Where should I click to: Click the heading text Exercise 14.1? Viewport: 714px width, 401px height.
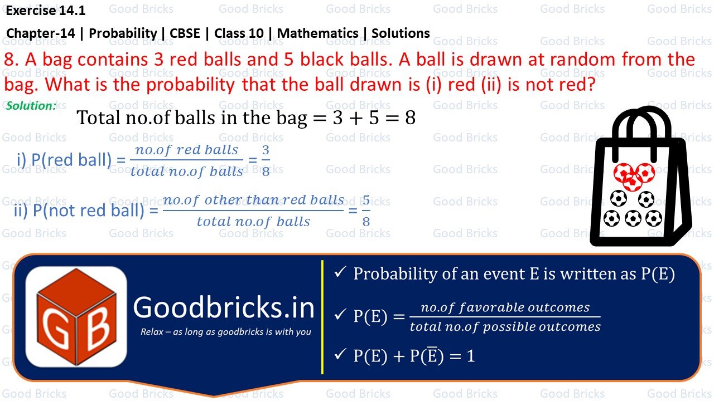coord(46,9)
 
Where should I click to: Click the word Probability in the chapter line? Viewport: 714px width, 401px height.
coord(123,33)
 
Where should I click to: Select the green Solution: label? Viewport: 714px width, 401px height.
coord(31,105)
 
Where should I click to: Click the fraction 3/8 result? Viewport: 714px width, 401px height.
coord(266,160)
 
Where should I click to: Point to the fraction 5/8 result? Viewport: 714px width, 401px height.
coord(366,211)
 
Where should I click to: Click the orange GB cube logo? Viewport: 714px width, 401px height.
coord(76,316)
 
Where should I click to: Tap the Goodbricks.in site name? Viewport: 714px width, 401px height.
coord(224,308)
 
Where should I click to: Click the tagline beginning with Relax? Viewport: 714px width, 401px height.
coord(226,332)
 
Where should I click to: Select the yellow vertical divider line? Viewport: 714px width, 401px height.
coord(322,316)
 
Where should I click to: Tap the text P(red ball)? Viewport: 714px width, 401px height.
coord(71,160)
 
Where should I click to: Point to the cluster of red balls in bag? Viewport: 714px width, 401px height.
coord(634,175)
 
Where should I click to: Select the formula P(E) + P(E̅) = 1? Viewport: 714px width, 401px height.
coord(414,356)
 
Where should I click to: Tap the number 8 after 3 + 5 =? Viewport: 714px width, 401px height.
coord(410,118)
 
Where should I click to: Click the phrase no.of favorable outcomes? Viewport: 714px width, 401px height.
coord(505,307)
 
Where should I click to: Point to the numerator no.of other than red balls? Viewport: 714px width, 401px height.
coord(253,200)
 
